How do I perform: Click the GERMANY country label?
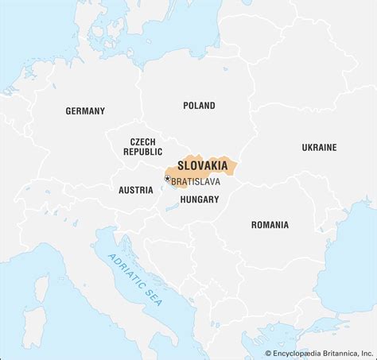point(85,111)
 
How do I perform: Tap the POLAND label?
point(199,105)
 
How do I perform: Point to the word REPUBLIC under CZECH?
point(143,151)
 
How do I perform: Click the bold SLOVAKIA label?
point(200,166)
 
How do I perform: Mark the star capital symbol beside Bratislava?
point(167,180)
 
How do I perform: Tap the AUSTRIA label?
point(135,190)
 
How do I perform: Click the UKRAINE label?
point(319,147)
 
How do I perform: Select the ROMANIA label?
point(270,225)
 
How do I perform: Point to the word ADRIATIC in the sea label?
point(122,266)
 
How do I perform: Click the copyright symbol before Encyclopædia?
point(268,352)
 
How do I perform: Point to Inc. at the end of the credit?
point(367,352)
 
